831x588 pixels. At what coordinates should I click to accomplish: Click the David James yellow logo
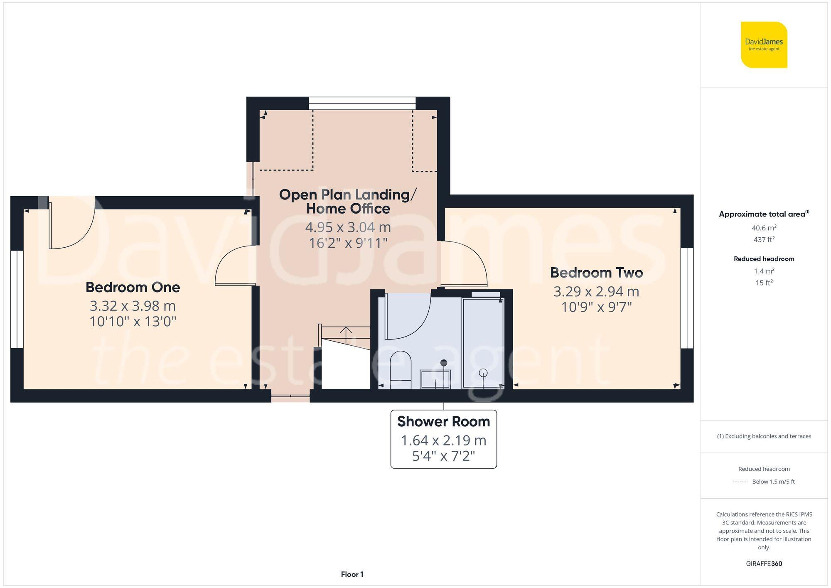click(764, 45)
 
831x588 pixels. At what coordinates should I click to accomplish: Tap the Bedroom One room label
click(133, 287)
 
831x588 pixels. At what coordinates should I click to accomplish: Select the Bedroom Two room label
click(596, 273)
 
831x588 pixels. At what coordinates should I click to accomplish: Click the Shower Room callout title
click(443, 421)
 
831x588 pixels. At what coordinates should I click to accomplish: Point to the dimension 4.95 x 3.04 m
click(348, 227)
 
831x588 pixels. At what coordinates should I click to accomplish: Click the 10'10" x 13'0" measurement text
click(133, 321)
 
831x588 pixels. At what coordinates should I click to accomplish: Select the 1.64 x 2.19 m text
click(443, 440)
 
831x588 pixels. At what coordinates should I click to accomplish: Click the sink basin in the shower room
click(435, 379)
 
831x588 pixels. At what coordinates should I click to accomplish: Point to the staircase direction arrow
click(346, 331)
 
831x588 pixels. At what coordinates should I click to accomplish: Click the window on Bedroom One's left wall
click(17, 299)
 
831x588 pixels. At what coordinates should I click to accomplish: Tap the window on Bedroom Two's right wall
click(687, 298)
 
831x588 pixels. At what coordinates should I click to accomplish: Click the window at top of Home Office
click(362, 103)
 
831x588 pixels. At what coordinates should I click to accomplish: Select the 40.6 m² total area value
click(764, 228)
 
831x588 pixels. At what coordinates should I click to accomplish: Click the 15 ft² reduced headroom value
click(764, 283)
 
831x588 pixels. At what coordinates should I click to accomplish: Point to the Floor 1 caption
click(352, 574)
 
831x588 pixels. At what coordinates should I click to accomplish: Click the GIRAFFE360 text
click(764, 563)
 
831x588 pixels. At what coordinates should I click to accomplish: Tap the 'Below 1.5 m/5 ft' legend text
click(773, 482)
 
